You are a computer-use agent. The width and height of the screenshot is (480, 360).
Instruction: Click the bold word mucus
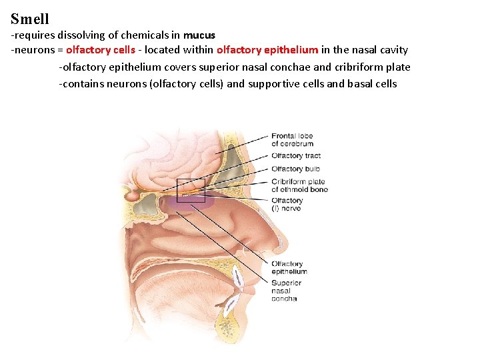tap(199, 35)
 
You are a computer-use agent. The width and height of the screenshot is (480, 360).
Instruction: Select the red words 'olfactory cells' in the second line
tap(101, 50)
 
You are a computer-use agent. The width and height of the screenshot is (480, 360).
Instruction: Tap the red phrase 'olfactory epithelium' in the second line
tap(267, 50)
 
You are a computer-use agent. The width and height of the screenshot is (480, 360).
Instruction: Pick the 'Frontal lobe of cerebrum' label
tap(292, 140)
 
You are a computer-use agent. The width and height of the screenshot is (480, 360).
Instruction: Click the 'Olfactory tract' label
tap(296, 156)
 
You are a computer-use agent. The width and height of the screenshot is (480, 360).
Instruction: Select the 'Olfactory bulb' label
tap(295, 169)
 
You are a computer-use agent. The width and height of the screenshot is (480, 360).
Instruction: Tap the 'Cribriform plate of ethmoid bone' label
tap(299, 185)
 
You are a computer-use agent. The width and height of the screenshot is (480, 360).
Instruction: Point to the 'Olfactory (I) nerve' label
tap(287, 204)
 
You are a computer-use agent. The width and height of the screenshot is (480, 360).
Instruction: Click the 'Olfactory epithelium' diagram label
tap(289, 268)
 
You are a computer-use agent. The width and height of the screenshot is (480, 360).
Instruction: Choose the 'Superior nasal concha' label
tap(286, 291)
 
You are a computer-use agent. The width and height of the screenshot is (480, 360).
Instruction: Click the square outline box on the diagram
tap(191, 191)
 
